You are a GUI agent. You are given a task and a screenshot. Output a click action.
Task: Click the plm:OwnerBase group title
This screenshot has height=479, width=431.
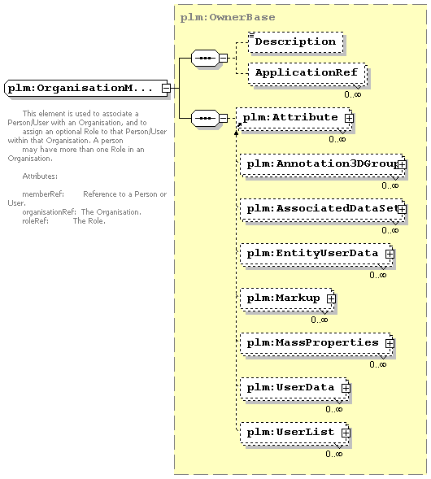click(228, 17)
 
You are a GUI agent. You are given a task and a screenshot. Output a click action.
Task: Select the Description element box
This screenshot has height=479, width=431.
click(296, 41)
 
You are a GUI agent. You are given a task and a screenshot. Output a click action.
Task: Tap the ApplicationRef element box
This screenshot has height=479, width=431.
click(307, 73)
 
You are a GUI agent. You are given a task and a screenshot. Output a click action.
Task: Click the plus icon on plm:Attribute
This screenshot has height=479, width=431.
click(349, 118)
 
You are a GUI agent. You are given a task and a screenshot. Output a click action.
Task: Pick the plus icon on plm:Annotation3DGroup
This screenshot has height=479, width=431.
click(402, 165)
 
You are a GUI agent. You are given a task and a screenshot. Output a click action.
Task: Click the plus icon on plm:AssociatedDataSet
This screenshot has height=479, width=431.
click(402, 210)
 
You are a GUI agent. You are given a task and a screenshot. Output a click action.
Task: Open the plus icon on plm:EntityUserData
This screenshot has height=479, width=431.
click(390, 255)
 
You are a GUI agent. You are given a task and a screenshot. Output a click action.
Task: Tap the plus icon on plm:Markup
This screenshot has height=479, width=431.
click(331, 298)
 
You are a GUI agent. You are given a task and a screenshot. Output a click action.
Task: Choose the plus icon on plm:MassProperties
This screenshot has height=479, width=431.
click(390, 344)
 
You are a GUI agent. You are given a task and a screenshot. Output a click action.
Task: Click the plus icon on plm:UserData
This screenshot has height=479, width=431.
click(346, 388)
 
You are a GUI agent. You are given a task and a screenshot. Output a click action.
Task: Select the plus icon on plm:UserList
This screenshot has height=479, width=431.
click(346, 433)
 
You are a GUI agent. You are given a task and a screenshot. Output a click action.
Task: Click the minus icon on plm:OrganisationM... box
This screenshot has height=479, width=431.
click(166, 89)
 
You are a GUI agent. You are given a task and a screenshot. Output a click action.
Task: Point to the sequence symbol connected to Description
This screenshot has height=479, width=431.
click(205, 58)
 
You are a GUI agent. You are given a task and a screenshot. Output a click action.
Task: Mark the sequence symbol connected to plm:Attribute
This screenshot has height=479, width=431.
click(205, 118)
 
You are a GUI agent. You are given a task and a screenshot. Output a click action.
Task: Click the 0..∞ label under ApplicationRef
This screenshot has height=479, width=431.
click(353, 94)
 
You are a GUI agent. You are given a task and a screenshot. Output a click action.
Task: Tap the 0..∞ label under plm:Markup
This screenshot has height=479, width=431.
click(320, 320)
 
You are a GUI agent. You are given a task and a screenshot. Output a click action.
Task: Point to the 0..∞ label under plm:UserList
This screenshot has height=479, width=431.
click(334, 454)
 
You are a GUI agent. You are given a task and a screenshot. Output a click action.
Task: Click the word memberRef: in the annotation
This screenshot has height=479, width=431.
click(43, 194)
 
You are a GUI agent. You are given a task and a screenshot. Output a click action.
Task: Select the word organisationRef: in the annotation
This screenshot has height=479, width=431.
click(49, 212)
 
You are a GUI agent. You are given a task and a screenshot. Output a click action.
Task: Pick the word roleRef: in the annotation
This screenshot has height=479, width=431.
click(36, 221)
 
